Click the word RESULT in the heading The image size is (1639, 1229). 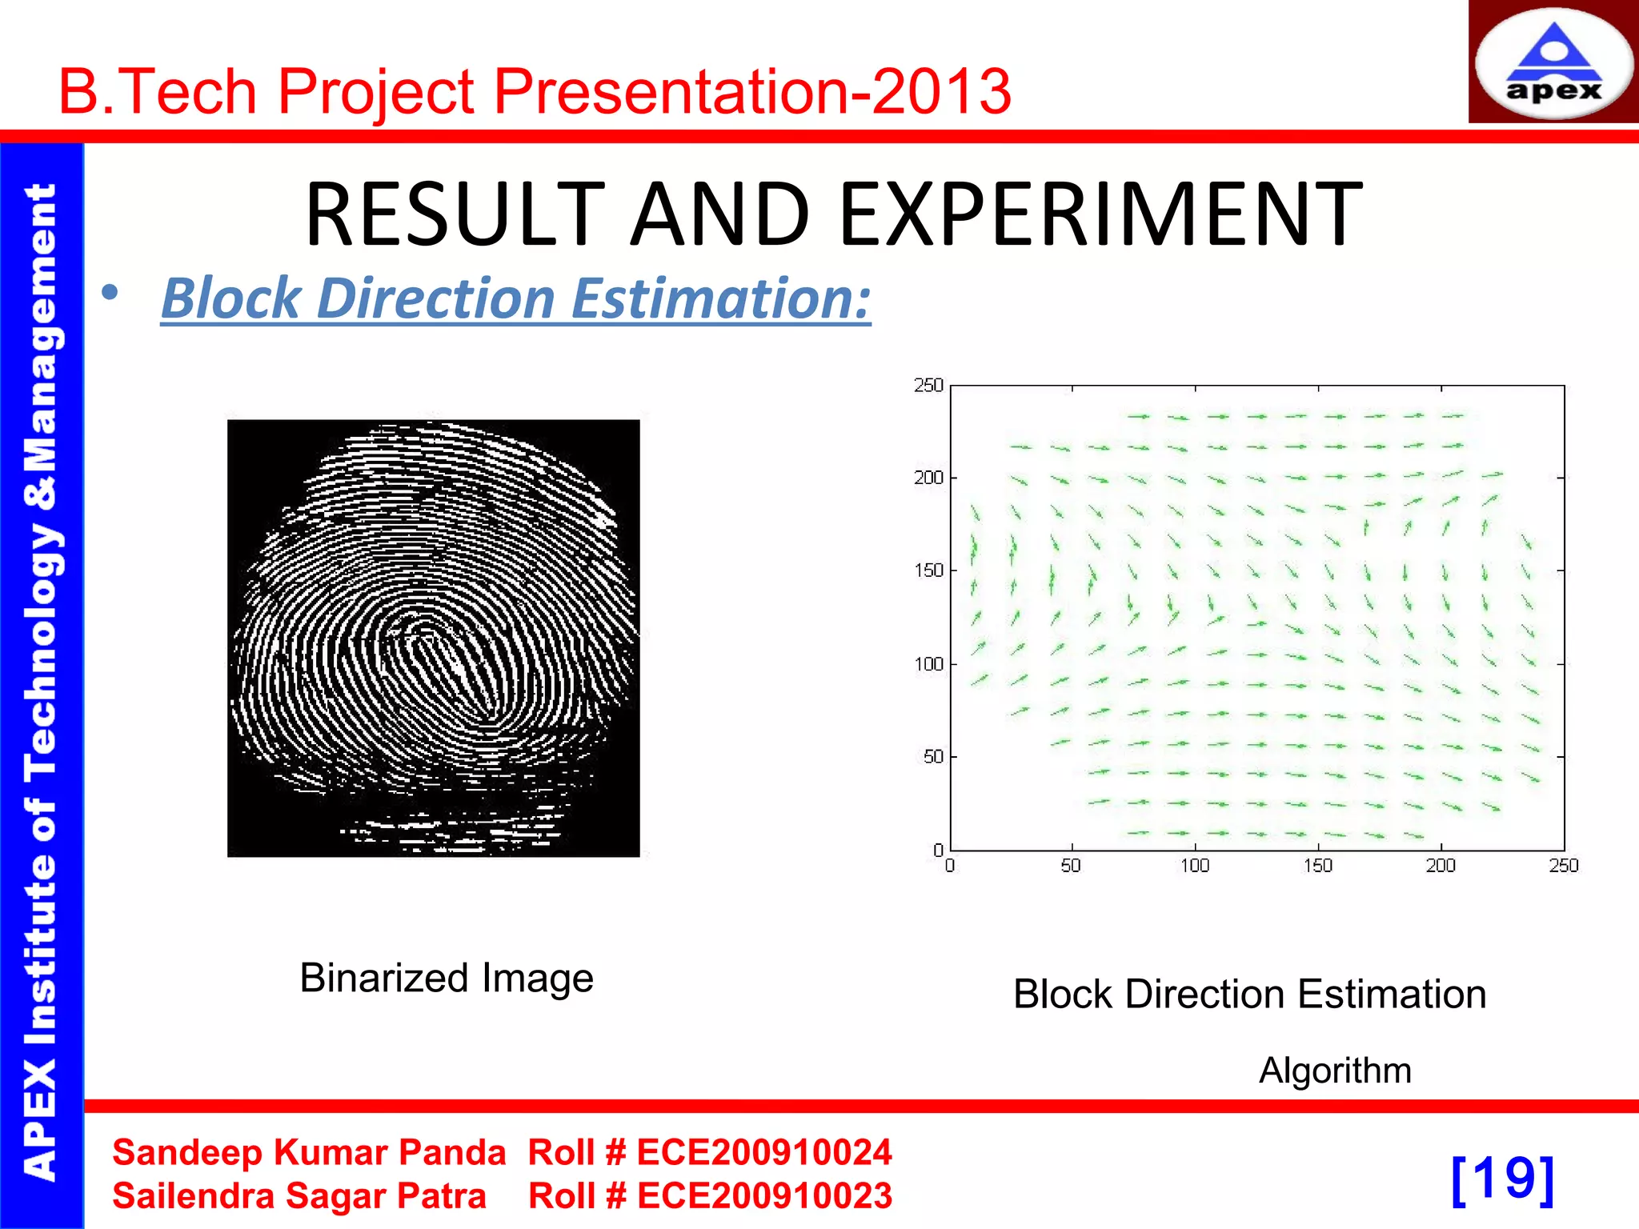455,214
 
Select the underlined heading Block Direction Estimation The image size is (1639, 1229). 515,298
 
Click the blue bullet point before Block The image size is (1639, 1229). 110,294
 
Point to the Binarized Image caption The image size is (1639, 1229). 447,978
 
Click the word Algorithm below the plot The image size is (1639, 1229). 1335,1071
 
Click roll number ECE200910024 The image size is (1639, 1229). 763,1153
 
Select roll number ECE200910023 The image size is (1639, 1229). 763,1196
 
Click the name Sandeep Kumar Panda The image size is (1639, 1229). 309,1153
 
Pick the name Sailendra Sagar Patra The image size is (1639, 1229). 299,1196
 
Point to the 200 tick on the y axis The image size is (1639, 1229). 928,478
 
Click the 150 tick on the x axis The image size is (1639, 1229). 1317,866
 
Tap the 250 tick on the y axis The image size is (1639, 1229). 928,386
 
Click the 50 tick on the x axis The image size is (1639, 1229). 1071,866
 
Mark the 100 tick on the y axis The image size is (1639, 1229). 928,664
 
